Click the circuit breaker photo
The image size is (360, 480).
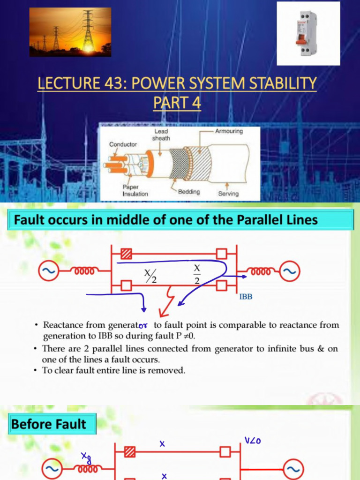coord(307,33)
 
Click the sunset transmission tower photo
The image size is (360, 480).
coord(70,32)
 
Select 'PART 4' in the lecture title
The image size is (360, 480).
coord(177,103)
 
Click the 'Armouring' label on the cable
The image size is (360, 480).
coord(229,131)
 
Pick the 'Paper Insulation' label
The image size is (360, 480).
coord(135,190)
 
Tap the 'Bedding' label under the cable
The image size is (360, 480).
coord(188,192)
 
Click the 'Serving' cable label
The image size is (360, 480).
coord(228,193)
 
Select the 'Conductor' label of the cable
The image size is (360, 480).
coord(123,144)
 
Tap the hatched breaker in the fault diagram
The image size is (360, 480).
coord(126,254)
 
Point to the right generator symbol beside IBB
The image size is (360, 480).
coord(290,270)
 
